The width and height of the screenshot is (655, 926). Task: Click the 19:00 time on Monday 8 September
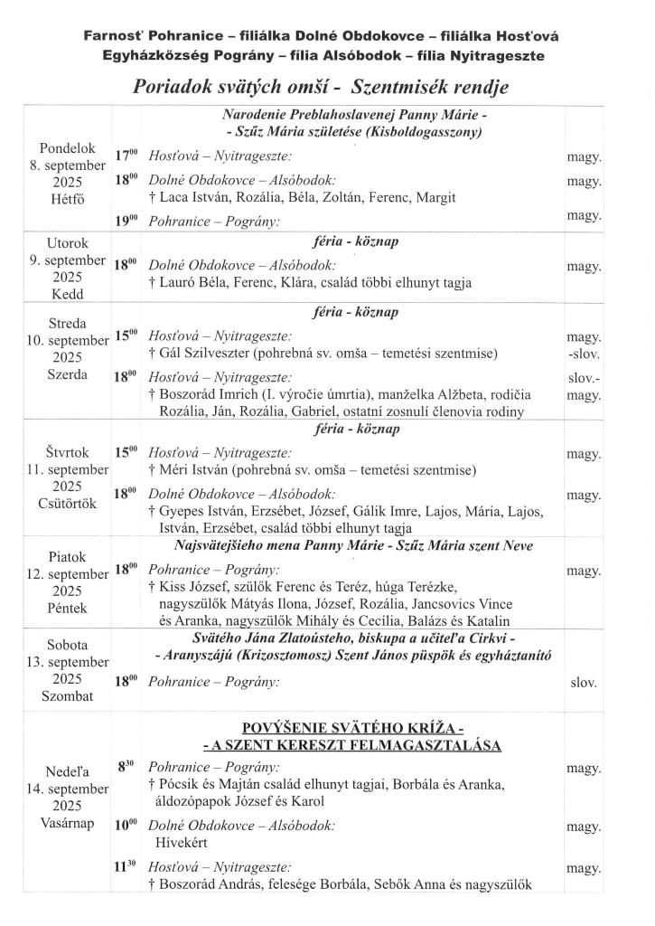(x=126, y=221)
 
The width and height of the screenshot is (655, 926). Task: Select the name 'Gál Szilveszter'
(x=203, y=353)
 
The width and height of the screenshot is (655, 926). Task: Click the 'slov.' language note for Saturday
(x=584, y=683)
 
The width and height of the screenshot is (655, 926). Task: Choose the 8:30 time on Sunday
(x=126, y=766)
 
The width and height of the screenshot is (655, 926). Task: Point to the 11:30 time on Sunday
(x=126, y=866)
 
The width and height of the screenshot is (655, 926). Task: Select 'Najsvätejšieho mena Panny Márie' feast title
(x=282, y=545)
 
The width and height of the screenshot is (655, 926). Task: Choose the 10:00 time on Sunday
(x=126, y=826)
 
